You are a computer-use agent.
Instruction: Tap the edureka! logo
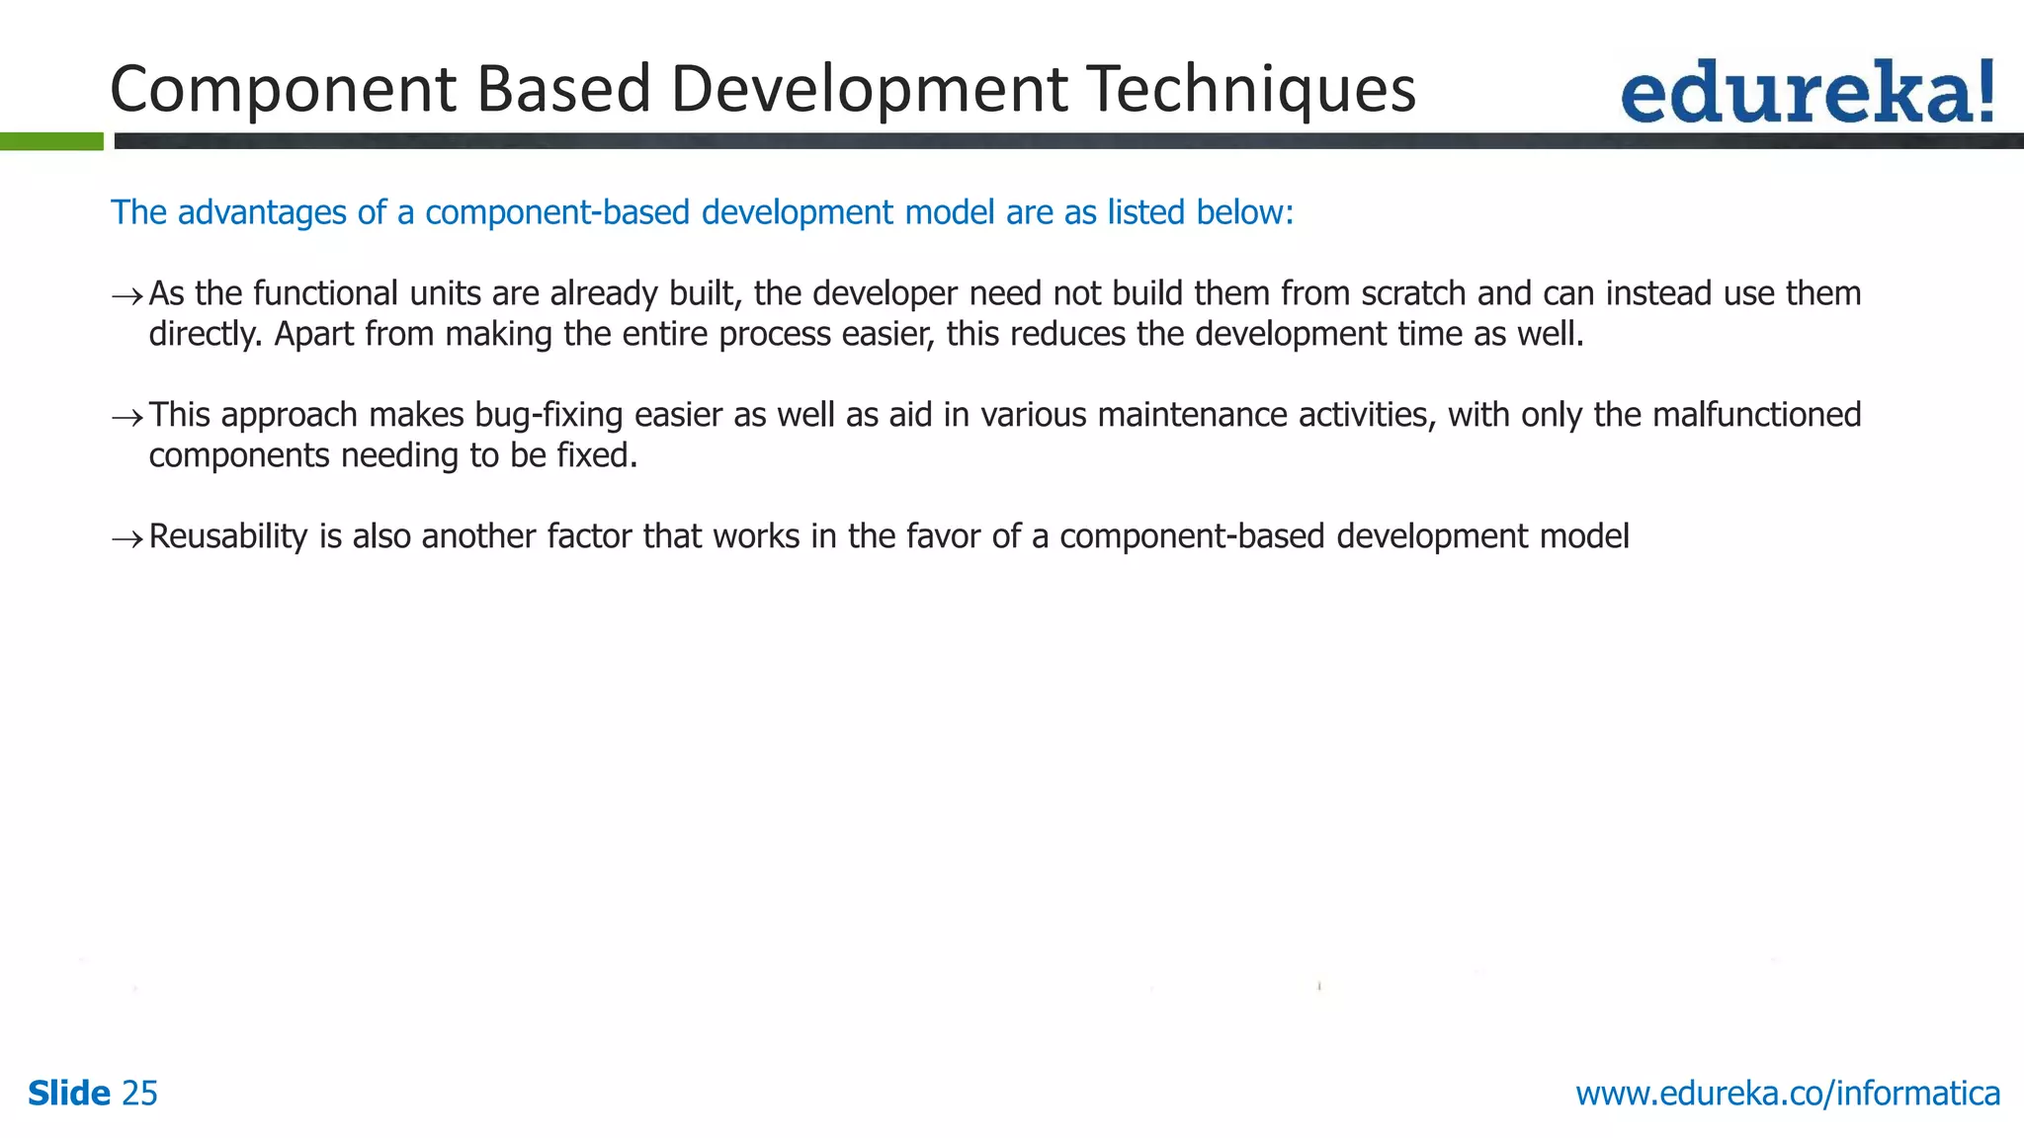pos(1807,93)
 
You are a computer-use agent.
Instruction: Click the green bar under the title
pos(51,141)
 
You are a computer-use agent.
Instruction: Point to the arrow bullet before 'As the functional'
pos(126,295)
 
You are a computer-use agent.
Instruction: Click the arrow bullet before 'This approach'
pos(126,417)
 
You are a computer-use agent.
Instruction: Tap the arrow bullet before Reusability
pos(126,538)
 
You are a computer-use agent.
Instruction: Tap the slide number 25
pos(139,1094)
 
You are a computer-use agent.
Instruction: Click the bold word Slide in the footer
pos(69,1094)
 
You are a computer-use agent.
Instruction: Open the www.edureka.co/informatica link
pos(1788,1094)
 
